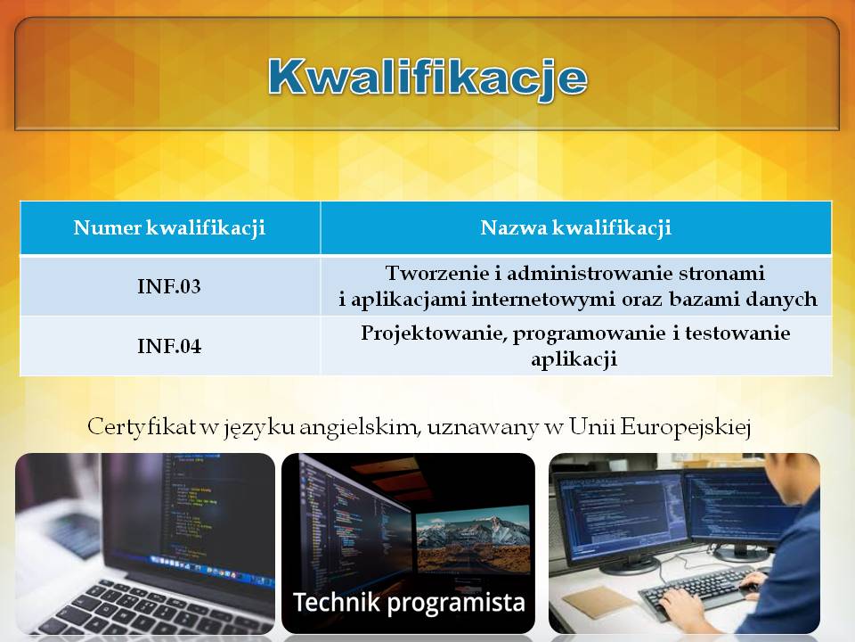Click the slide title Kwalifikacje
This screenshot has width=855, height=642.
click(427, 78)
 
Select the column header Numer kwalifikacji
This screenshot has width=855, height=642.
click(169, 227)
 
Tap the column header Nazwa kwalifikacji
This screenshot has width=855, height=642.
click(576, 227)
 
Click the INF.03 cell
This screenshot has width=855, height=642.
click(169, 286)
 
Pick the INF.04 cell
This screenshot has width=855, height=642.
click(169, 346)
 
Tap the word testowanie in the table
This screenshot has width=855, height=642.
click(737, 333)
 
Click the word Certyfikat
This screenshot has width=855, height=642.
click(142, 426)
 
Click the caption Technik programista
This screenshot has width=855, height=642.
click(410, 602)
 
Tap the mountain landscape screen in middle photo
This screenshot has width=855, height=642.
click(472, 539)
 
